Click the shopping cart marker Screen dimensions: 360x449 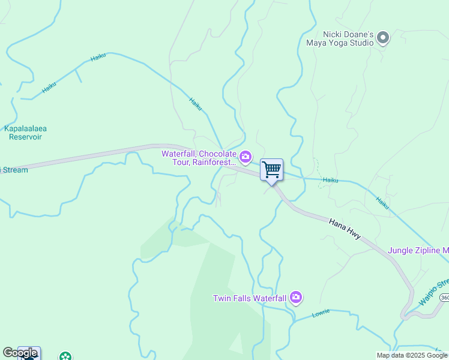[271, 170]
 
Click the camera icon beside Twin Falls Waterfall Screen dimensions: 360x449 [295, 298]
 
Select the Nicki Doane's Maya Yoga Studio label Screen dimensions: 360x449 [340, 39]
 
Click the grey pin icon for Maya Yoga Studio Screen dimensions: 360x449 [383, 39]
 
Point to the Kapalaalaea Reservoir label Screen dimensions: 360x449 [25, 133]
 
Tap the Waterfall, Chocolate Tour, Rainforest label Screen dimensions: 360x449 [199, 158]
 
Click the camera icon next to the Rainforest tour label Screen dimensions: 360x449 [245, 158]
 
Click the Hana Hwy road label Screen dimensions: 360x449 [345, 229]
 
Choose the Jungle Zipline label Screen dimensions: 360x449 [418, 250]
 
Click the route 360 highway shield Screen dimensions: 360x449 [444, 298]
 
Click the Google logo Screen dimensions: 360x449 [20, 353]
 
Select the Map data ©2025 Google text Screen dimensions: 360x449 [412, 355]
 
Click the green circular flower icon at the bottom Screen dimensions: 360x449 [65, 357]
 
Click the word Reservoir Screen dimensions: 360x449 [25, 137]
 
